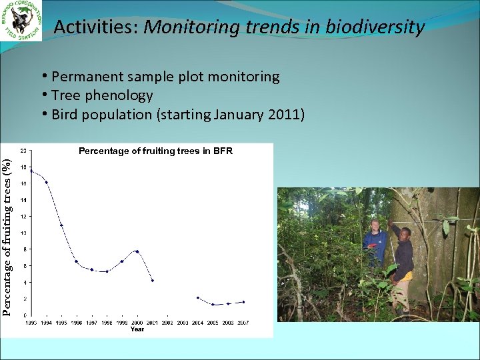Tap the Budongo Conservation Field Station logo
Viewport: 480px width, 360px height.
(21, 21)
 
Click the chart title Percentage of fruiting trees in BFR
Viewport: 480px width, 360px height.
(155, 151)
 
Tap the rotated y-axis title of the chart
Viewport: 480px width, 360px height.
(7, 236)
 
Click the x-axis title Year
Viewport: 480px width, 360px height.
(137, 329)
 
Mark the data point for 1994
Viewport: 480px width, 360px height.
(46, 182)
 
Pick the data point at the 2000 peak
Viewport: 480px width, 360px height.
(137, 251)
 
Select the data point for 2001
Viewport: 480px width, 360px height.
(153, 281)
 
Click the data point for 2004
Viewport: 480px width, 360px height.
(198, 298)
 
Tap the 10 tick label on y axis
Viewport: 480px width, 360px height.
(23, 233)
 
